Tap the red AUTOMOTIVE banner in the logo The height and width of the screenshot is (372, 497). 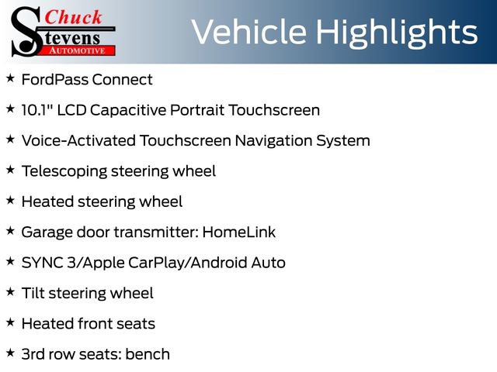pyautogui.click(x=78, y=50)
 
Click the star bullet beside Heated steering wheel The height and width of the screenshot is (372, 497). pyautogui.click(x=10, y=201)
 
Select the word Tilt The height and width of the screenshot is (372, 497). pyautogui.click(x=33, y=293)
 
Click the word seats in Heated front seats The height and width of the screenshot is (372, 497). pyautogui.click(x=135, y=324)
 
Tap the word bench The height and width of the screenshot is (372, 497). pyautogui.click(x=148, y=354)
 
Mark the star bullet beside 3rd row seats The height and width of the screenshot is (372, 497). pyautogui.click(x=10, y=353)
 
